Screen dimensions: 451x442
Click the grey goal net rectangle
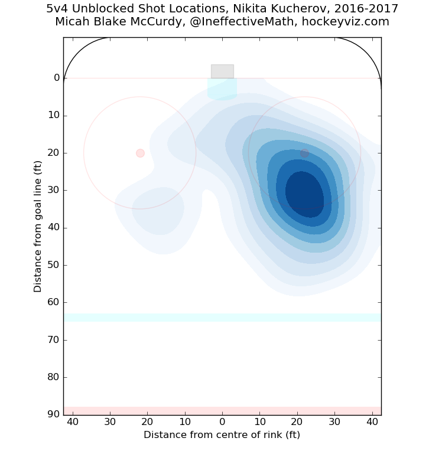click(222, 71)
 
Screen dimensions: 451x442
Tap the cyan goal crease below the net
click(222, 88)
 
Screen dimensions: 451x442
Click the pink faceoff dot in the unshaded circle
click(140, 153)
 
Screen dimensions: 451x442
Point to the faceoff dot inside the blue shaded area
click(304, 153)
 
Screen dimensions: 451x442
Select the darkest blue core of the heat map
click(304, 194)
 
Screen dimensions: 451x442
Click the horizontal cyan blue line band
click(222, 318)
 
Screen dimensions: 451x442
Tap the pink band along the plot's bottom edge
click(222, 411)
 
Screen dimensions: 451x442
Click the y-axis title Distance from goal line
click(38, 226)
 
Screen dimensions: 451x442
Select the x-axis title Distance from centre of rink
click(222, 435)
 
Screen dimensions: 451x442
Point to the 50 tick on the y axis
click(54, 265)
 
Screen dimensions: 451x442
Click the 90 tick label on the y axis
click(54, 414)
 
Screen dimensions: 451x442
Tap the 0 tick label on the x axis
click(222, 422)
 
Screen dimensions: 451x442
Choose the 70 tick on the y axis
click(54, 340)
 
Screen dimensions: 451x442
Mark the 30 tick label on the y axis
click(54, 190)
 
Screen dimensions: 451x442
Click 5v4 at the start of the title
click(58, 9)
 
